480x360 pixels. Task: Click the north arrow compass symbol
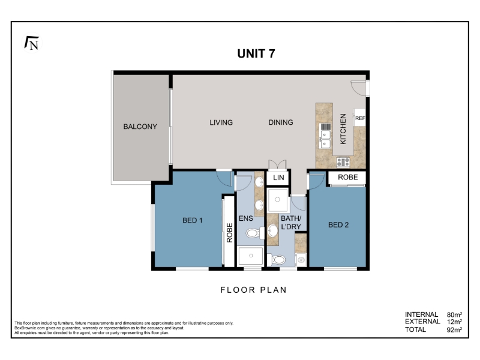point(32,43)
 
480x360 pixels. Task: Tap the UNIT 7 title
point(256,53)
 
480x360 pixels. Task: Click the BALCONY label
point(140,127)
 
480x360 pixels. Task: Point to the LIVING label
point(221,122)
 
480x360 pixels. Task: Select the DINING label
point(281,122)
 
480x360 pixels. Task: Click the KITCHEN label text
point(343,129)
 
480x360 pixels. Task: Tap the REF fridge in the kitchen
point(360,118)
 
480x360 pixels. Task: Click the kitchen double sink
point(325,136)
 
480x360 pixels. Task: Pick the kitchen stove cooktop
point(343,162)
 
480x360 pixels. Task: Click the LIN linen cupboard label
point(278,178)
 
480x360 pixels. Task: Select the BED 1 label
point(192,220)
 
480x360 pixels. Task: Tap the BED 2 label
point(338,225)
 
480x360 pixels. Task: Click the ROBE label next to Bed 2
point(348,177)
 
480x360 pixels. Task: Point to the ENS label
point(246,218)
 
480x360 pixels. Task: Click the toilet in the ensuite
point(255,233)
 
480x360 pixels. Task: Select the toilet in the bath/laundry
point(276,260)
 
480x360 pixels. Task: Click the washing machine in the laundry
point(301,260)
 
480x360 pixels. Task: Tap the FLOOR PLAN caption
point(253,290)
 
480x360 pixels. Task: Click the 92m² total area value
point(454,329)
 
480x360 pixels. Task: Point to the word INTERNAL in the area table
point(421,314)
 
